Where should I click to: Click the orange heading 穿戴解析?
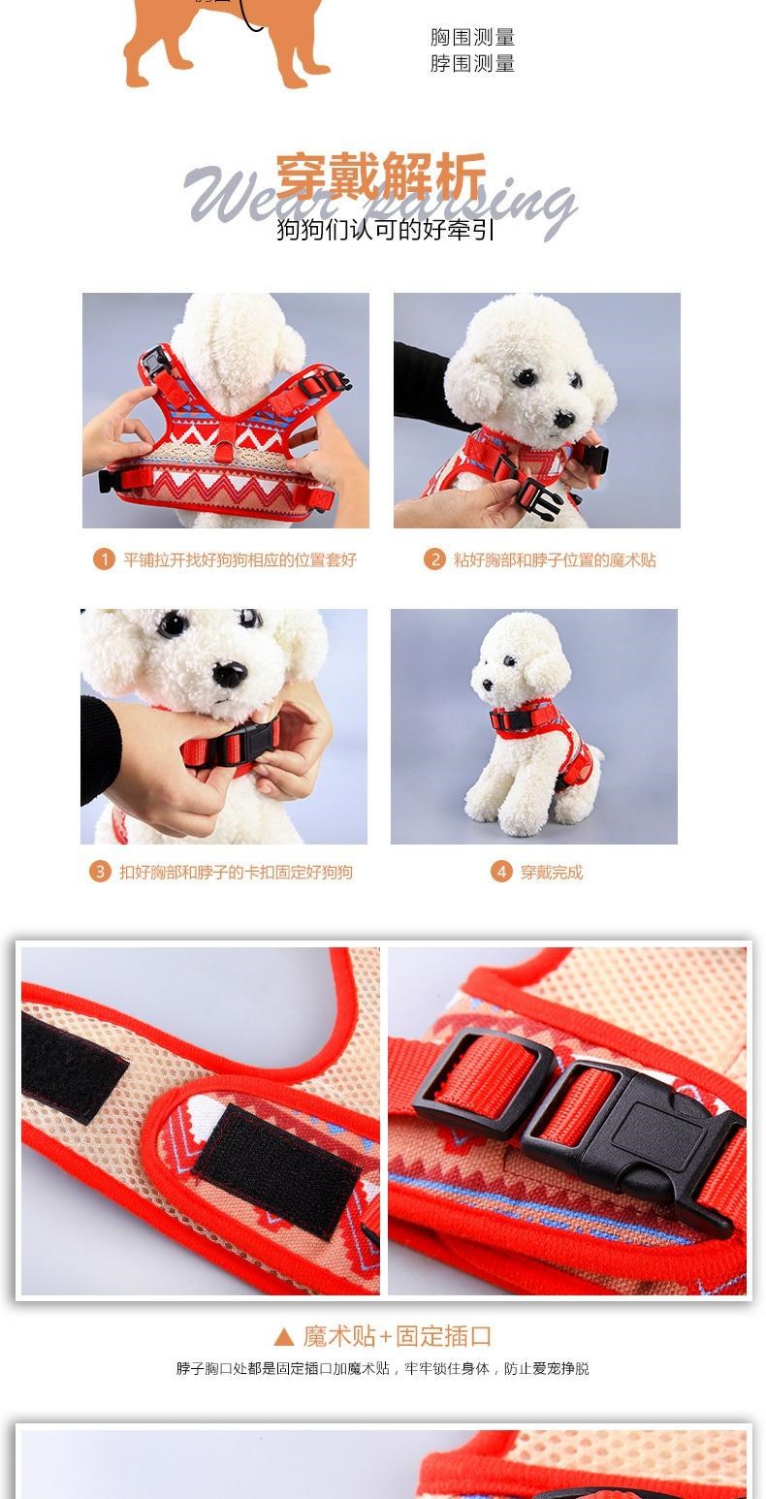(381, 175)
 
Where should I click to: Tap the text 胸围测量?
(472, 38)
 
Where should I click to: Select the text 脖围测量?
(472, 64)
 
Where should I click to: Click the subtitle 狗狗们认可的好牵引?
(385, 230)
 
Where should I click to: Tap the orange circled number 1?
(104, 558)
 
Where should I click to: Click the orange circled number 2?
(434, 558)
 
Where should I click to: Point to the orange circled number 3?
(100, 872)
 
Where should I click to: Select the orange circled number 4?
(501, 872)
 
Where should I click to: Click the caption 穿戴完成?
(552, 872)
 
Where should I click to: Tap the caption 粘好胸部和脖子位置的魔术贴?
(555, 559)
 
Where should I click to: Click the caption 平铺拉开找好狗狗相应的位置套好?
(239, 559)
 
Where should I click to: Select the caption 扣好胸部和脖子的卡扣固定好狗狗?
(236, 872)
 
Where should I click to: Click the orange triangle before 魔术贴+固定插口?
(284, 1337)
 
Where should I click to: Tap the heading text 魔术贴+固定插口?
(398, 1336)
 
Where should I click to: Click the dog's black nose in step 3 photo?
(230, 674)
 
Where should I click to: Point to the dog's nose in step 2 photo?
(564, 419)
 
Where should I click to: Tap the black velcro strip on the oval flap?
(275, 1171)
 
